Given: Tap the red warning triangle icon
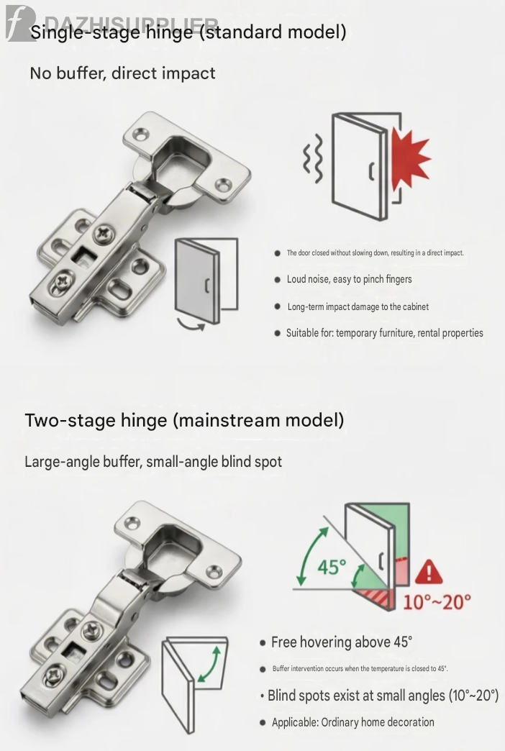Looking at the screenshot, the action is (x=429, y=572).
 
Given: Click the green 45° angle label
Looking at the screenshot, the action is (x=332, y=567).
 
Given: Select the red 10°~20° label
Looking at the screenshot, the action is (x=437, y=601).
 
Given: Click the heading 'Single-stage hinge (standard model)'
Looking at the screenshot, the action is (x=188, y=32).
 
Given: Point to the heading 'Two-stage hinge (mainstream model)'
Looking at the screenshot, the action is (x=184, y=421).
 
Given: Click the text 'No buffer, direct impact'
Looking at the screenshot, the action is (x=123, y=73).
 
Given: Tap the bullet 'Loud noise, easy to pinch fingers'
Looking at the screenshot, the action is (x=350, y=279).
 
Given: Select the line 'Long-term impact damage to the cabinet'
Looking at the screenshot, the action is (x=358, y=306).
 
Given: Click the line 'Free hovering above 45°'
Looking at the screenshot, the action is (x=342, y=642).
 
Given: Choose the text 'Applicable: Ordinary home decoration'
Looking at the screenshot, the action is (x=353, y=722).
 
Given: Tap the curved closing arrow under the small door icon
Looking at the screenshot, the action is (x=191, y=324).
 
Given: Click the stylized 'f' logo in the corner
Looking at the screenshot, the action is (x=19, y=23).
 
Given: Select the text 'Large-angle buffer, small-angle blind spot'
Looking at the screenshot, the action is (x=153, y=462).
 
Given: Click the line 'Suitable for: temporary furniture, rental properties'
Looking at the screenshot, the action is (x=385, y=333).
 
